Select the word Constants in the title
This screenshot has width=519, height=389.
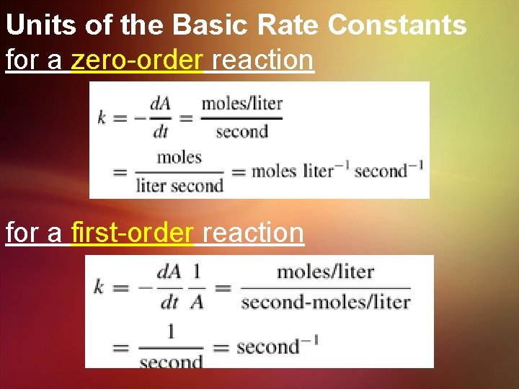397,25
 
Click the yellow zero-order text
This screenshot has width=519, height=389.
138,61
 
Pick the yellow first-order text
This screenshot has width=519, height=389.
133,233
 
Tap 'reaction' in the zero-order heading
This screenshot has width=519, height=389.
263,61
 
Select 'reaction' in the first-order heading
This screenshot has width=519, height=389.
253,233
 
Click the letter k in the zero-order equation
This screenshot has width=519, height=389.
102,117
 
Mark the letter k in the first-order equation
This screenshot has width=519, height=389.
99,287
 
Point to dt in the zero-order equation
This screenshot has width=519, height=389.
161,130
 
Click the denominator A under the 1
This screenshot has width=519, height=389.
197,302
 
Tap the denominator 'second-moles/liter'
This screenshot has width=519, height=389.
325,301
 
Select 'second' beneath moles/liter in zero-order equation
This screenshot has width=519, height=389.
241,131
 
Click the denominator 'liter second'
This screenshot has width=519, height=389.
179,186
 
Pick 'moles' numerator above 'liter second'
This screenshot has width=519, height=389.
179,157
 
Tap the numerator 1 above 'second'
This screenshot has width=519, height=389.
171,332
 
